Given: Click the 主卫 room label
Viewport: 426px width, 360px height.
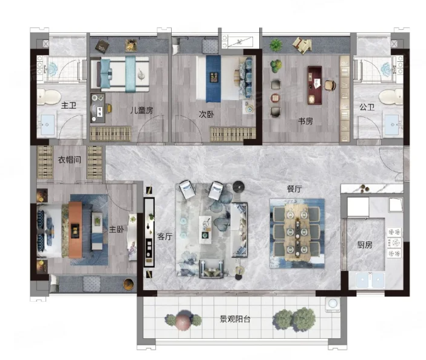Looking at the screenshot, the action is pos(69,105).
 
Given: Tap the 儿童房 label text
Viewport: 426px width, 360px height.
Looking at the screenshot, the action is pos(141,110).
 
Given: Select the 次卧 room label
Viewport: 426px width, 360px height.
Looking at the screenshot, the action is pos(206,114).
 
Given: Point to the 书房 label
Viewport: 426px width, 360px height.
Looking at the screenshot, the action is pos(305,121).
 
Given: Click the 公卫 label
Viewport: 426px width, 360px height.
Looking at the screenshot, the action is pos(367,107).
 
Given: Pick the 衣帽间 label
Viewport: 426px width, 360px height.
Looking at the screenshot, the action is pos(70,160).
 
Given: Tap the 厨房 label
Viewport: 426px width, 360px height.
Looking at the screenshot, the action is pos(365,245).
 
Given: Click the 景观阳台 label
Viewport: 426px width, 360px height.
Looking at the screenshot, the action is pos(235,319).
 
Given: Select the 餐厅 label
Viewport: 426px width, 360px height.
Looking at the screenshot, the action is pos(294,189).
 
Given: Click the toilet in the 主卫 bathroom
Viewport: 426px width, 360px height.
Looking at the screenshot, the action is pos(49,97).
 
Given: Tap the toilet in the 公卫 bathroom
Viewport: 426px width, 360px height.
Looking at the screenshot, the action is pos(391,97).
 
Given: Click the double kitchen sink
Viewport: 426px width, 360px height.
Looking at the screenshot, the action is pos(370,280).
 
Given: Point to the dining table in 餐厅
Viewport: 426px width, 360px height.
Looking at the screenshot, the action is pos(297,233).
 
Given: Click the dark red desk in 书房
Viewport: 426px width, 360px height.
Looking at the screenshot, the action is pos(314,85).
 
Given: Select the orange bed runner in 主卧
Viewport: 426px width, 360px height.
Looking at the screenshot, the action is pos(75,229).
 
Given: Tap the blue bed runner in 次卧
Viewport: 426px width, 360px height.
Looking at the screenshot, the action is pos(213,78).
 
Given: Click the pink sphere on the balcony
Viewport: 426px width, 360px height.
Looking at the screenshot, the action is pos(183,321).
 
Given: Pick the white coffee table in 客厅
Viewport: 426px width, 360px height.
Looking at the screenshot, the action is pos(205,230).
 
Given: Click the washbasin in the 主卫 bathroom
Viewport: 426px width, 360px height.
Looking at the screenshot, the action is pos(47,125).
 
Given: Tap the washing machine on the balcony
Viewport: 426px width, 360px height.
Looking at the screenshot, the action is pos(333,304).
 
